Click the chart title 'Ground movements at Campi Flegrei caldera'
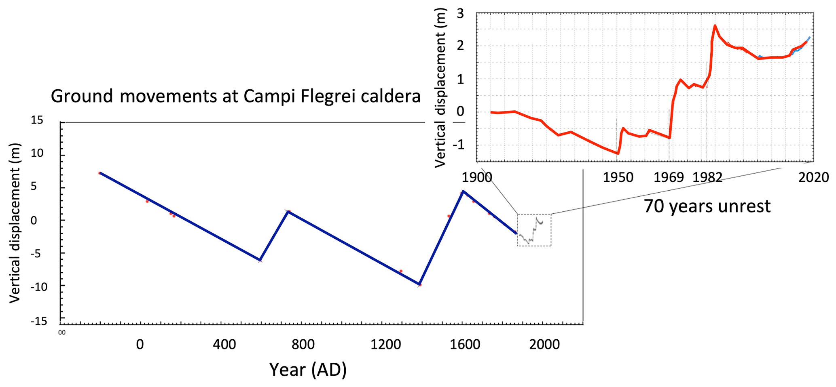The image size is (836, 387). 235,97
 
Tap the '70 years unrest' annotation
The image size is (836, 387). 707,206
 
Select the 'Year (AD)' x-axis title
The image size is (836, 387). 308,370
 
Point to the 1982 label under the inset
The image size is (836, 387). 707,177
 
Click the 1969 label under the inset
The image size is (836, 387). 669,177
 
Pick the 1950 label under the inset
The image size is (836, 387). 618,177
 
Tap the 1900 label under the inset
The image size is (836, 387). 477,177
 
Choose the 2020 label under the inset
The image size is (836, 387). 813,177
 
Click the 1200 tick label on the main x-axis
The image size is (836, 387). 386,345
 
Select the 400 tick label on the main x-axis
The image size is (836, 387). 224,345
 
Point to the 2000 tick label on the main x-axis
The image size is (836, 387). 544,345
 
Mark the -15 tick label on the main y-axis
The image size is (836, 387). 39,321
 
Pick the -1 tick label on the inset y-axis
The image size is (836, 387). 458,145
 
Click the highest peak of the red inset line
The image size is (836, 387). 715,26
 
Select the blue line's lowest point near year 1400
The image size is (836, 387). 419,284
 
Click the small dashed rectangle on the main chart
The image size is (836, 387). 534,230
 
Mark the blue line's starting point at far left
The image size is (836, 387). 100,173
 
